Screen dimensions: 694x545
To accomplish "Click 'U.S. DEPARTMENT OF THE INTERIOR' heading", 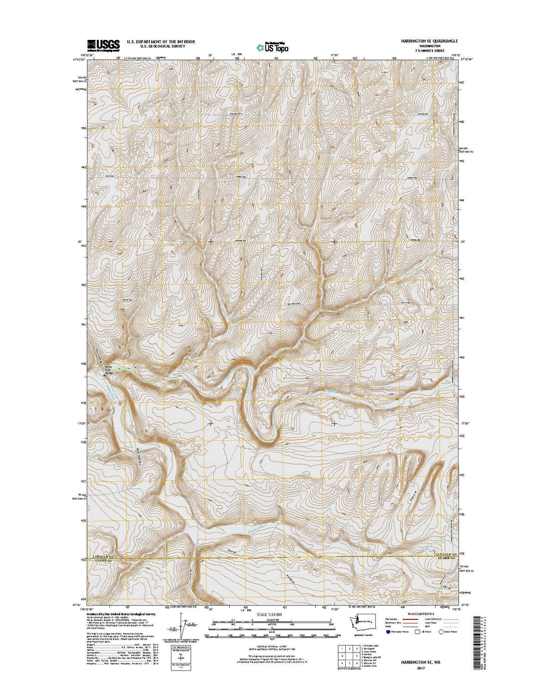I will click(161, 42).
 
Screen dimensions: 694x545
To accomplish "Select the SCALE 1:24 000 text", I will click(269, 614).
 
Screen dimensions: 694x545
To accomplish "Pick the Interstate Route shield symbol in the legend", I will click(388, 632).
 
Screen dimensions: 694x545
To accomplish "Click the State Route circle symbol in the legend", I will click(441, 632).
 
